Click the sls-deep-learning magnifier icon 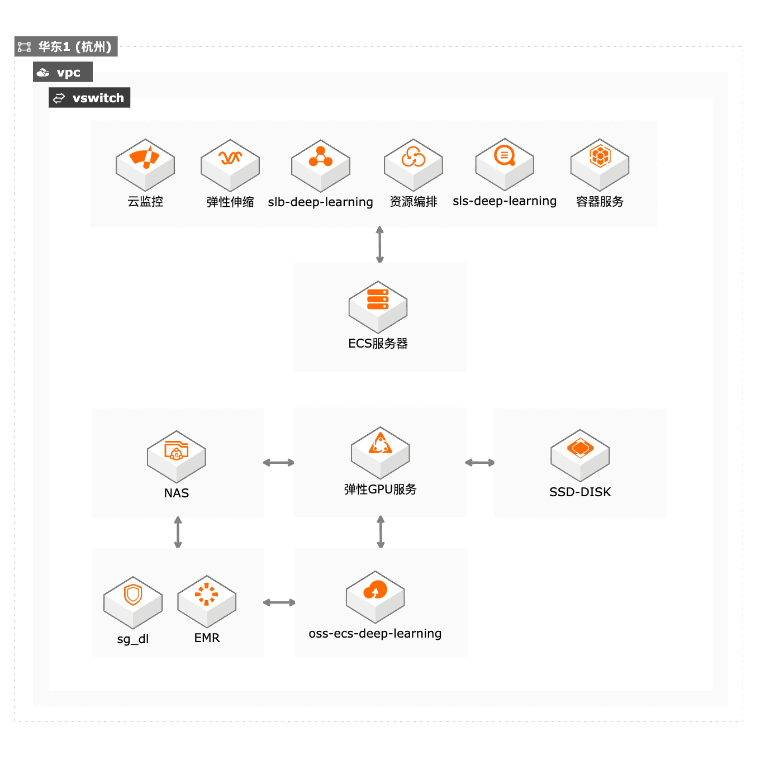[x=505, y=164]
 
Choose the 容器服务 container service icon [x=600, y=164]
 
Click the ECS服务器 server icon [x=378, y=307]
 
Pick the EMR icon [x=207, y=601]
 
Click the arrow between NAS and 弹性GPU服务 [x=278, y=462]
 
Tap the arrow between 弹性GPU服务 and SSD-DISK [x=479, y=462]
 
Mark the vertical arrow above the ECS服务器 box [x=380, y=244]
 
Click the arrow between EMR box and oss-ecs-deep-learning [x=279, y=602]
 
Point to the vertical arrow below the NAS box [x=178, y=532]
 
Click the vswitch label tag [x=89, y=98]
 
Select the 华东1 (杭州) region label [x=66, y=46]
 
